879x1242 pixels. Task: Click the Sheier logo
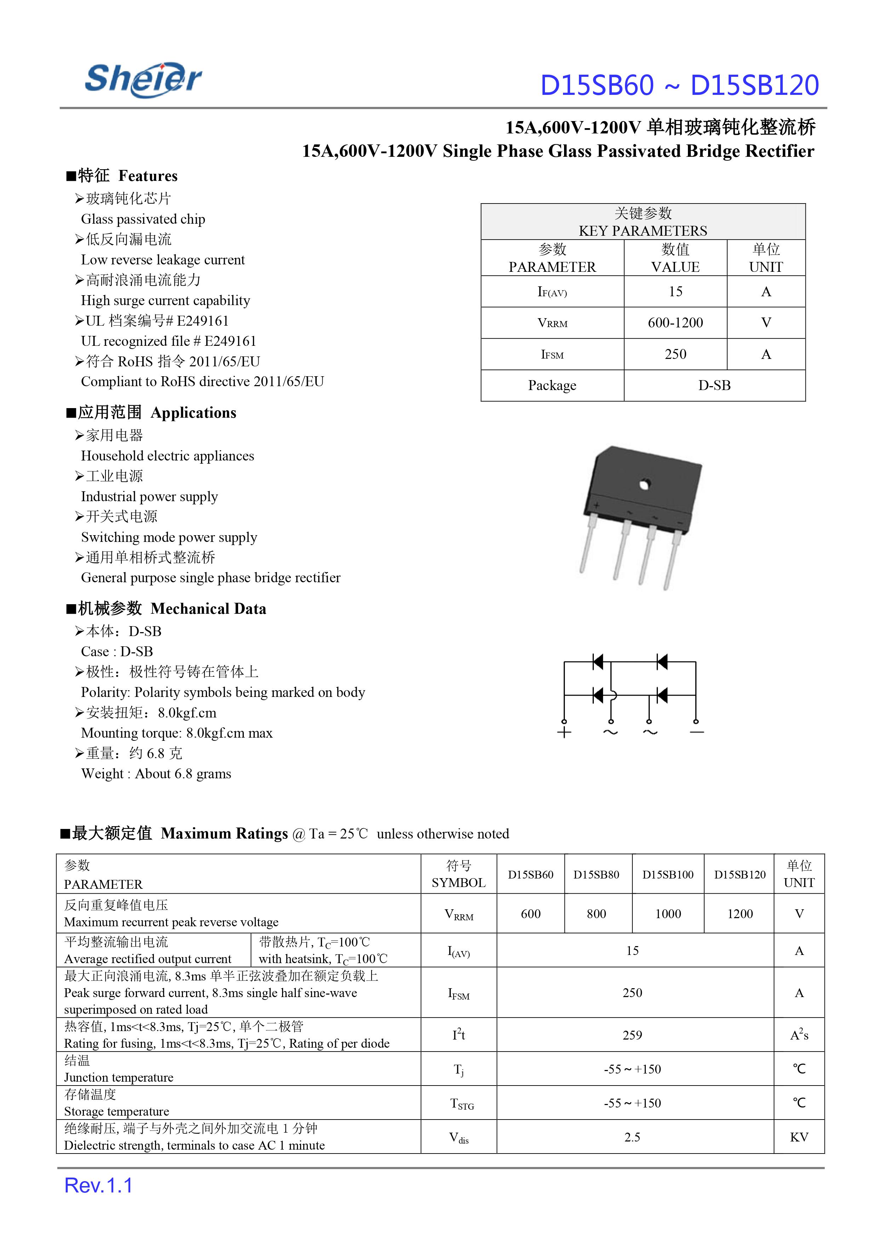click(x=143, y=80)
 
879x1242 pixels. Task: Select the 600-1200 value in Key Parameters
click(x=675, y=323)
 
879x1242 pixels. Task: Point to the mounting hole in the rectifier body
click(x=644, y=484)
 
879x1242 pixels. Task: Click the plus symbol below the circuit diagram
click(x=564, y=733)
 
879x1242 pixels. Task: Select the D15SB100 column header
click(x=668, y=874)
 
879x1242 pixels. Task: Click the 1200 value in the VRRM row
click(x=740, y=914)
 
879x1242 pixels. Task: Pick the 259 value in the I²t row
click(x=632, y=1035)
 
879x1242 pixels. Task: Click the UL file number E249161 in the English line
click(x=230, y=341)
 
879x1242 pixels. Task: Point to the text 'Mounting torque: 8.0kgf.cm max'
click(x=177, y=733)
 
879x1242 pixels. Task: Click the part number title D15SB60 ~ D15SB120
click(x=679, y=86)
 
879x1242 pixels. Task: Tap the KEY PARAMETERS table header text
click(x=643, y=231)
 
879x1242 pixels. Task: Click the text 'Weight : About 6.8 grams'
click(x=156, y=774)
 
